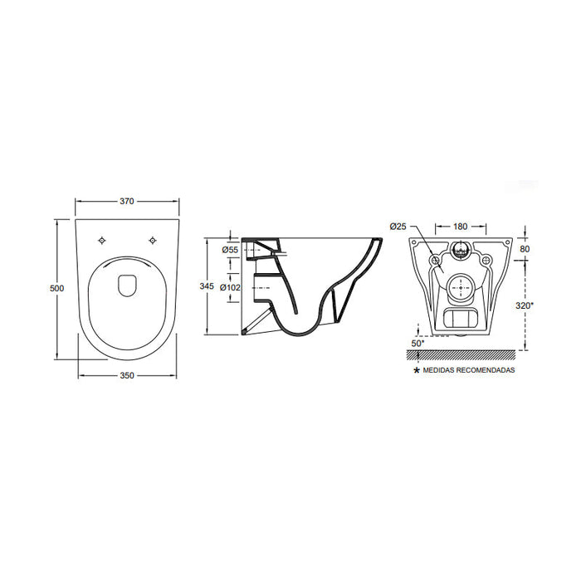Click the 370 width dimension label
tap(127, 202)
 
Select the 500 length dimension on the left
tap(56, 288)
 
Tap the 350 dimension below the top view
tap(127, 376)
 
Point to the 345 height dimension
tap(207, 286)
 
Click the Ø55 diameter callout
tap(230, 250)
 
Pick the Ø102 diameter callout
tap(231, 288)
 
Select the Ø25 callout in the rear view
tap(398, 226)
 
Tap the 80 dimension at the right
tap(525, 248)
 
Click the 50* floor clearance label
tap(417, 341)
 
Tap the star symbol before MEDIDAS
tap(417, 370)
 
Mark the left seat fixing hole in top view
tap(102, 241)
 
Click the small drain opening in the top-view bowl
tap(126, 286)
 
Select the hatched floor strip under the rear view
tap(461, 354)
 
